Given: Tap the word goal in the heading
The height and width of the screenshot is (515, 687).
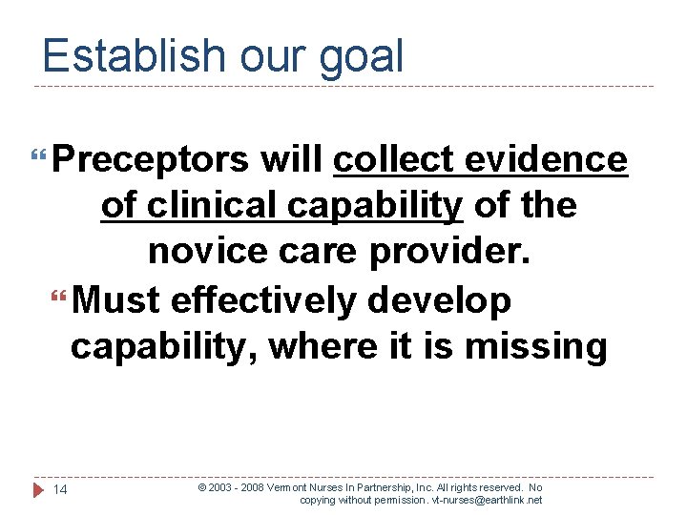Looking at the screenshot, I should coord(362,57).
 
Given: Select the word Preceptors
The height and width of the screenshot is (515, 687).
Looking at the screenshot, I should coord(150,160).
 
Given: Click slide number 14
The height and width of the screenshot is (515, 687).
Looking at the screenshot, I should coord(60,490).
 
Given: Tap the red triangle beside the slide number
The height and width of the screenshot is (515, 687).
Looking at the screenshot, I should coord(38,490).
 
